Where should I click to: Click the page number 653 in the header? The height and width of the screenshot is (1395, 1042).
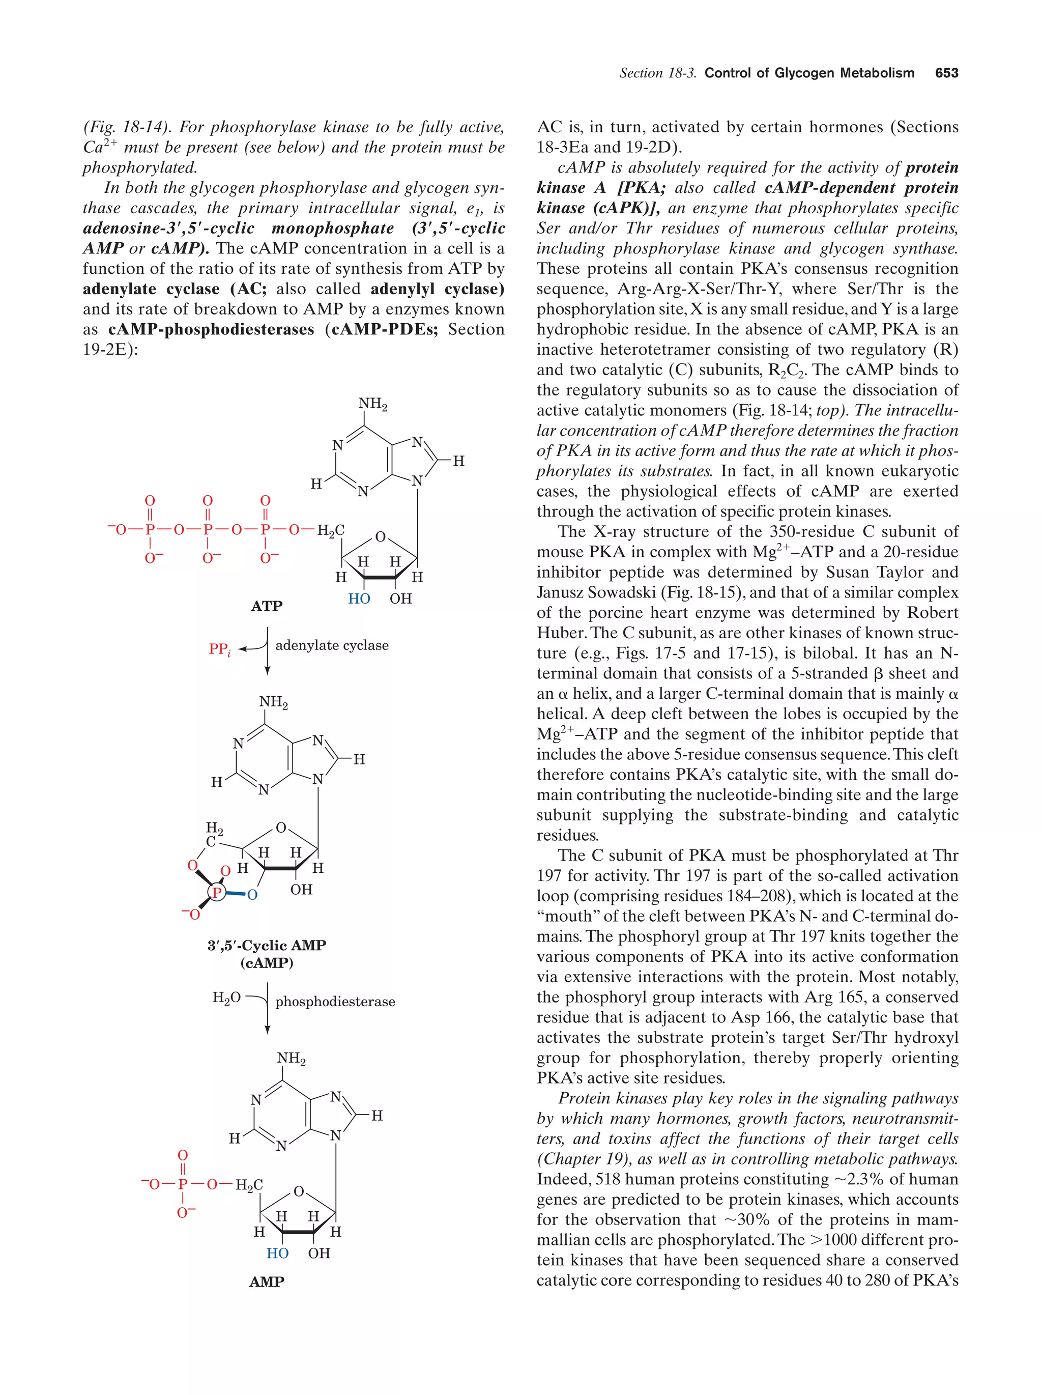coord(946,73)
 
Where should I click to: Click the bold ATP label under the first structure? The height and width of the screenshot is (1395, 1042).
coord(267,606)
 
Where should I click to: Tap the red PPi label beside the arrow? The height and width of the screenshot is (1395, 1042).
coord(219,649)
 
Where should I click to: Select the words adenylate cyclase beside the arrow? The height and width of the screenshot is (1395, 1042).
coord(332,645)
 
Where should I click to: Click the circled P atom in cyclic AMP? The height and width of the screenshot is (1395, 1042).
coord(217,892)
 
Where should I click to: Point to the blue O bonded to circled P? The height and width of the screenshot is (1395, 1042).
coord(253,895)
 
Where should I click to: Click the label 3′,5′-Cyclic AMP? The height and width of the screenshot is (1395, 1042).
coord(267,945)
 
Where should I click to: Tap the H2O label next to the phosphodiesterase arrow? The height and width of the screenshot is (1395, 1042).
coord(226,997)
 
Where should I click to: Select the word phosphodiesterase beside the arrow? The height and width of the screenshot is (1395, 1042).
coord(335,1002)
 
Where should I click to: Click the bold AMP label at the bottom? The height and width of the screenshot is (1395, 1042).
coord(267,1282)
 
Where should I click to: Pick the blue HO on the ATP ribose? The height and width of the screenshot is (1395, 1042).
coord(359,599)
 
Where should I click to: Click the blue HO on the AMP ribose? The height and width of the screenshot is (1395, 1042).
coord(277,1253)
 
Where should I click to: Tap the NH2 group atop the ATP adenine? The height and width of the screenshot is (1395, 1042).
coord(372,404)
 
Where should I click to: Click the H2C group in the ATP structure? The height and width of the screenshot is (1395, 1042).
coord(330,530)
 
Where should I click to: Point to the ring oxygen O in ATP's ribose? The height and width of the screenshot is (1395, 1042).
coord(380,537)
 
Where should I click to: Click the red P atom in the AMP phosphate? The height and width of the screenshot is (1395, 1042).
coord(183,1184)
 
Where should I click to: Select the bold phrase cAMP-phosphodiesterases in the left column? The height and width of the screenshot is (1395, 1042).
coord(211,329)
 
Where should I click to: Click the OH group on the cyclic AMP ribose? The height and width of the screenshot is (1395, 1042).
coord(301,889)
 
